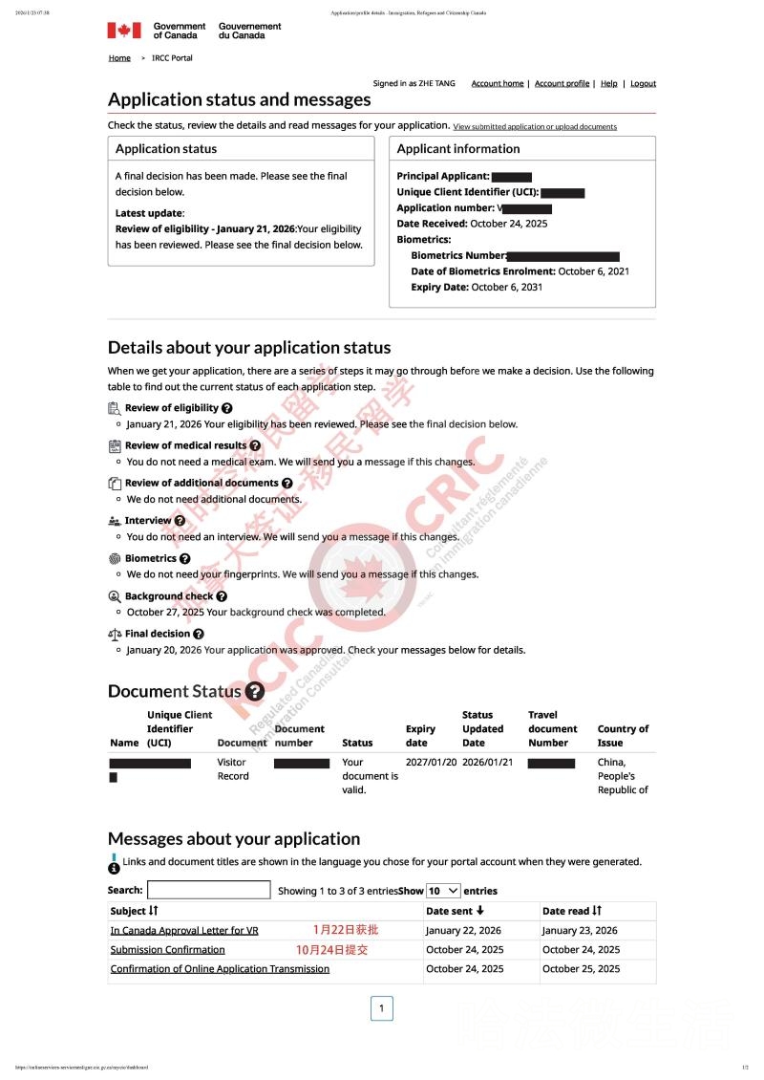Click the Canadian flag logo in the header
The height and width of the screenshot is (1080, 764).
[123, 31]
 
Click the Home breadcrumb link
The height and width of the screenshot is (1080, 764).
[119, 58]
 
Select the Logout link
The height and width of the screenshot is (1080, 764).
[643, 84]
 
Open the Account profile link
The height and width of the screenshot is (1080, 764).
[562, 84]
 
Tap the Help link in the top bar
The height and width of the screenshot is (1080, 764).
[608, 84]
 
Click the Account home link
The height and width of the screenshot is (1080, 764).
[498, 84]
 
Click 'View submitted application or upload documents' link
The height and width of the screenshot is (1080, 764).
[535, 126]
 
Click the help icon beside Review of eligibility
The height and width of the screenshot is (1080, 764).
[226, 408]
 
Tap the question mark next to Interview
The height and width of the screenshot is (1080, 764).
[180, 521]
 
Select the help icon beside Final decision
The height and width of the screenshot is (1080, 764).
[199, 634]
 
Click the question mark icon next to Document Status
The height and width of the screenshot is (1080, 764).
[254, 691]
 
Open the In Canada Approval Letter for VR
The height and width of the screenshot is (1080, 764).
[184, 931]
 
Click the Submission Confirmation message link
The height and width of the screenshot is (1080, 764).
[167, 950]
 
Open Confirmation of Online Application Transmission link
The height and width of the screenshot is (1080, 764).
[220, 969]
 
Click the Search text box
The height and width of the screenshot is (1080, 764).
[208, 891]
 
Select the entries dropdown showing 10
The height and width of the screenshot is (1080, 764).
[443, 891]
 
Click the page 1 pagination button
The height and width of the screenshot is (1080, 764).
[381, 1008]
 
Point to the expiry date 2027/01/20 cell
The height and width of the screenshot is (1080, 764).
[432, 763]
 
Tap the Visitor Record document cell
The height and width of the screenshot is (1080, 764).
[233, 769]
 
